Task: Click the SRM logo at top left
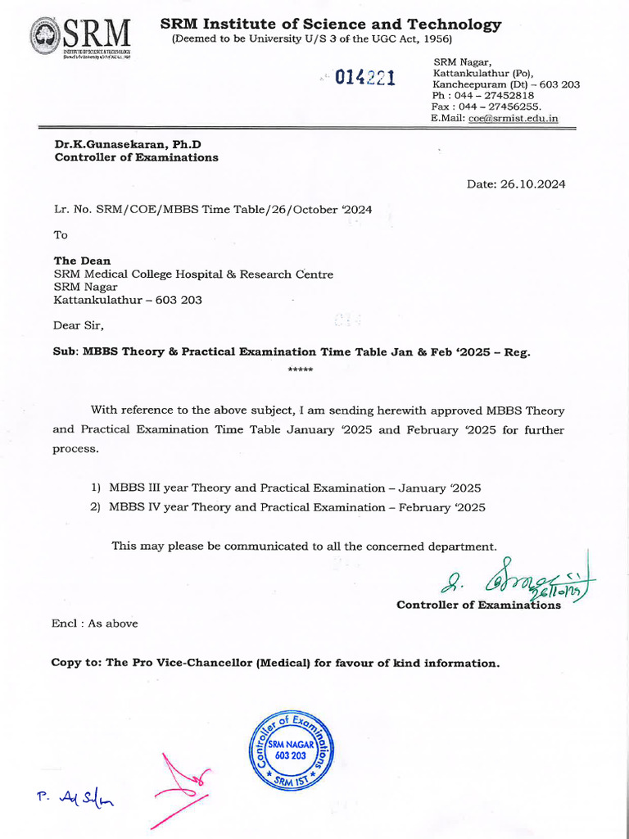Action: (80, 38)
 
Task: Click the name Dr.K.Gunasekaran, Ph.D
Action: (128, 144)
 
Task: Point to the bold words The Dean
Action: (82, 261)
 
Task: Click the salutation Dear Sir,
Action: (79, 325)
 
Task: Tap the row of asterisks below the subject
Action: (301, 370)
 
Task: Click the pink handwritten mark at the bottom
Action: (182, 782)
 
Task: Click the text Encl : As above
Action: (95, 624)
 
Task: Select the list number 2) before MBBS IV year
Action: (95, 507)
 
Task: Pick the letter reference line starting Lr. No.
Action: (213, 209)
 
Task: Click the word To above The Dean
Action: (61, 234)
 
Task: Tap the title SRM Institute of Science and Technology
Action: (331, 25)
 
